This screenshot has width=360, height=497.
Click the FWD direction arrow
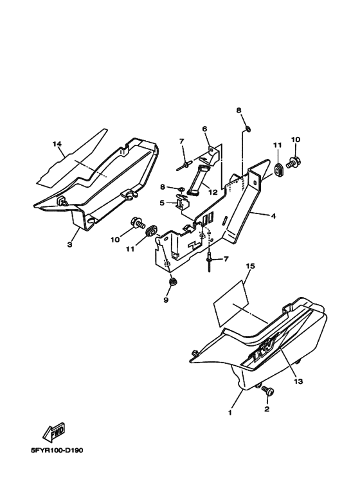coord(54,432)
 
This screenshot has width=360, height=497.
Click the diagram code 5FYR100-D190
coord(57,451)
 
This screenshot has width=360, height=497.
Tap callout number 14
coord(57,144)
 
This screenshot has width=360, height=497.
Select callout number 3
coord(69,245)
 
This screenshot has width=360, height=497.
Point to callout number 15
coord(250,266)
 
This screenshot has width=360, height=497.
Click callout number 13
coord(298,381)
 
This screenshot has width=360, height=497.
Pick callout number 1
coord(230,413)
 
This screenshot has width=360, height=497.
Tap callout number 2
coord(267,409)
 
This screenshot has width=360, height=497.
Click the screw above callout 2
coord(268,391)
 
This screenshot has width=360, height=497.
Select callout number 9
coord(166,300)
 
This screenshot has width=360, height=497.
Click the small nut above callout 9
coord(173,282)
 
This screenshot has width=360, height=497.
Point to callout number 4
coord(273,216)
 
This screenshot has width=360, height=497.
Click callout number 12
coord(213,192)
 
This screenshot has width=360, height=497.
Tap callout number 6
coord(204,129)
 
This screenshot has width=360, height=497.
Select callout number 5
coord(162,203)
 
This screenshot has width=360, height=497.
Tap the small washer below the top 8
coord(248,129)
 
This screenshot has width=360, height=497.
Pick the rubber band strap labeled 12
coord(198,180)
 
